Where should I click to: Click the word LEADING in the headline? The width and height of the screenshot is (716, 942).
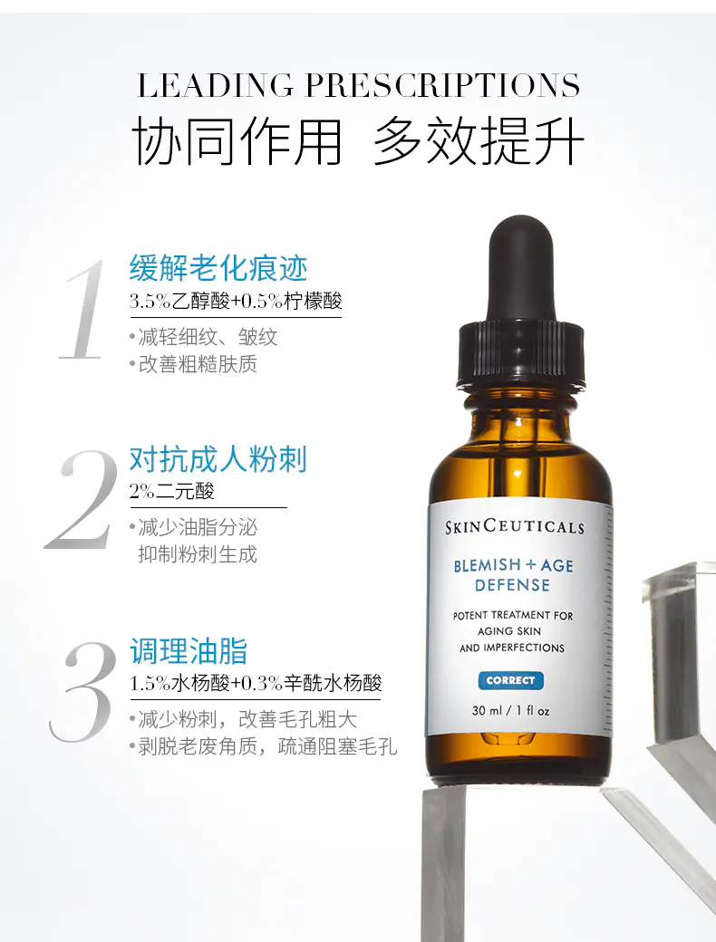tap(215, 85)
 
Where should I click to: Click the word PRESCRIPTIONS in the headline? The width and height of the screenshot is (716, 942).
tap(443, 85)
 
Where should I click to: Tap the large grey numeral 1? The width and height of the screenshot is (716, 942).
tap(84, 310)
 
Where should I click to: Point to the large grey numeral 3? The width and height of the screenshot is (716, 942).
tap(84, 691)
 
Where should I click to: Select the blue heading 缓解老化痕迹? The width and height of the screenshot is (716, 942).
tap(218, 268)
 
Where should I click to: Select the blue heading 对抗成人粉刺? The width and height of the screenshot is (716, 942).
tap(218, 459)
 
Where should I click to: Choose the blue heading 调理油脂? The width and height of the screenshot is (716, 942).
tap(189, 651)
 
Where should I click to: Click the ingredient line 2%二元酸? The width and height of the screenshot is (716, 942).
tap(172, 492)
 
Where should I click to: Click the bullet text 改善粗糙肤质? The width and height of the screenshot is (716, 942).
tap(198, 364)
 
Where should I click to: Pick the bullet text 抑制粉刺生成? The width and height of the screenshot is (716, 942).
tap(198, 554)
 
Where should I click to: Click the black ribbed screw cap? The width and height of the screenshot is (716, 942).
tap(520, 354)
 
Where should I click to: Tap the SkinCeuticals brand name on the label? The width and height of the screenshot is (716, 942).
tap(515, 527)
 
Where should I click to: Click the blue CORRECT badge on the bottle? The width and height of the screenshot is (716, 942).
tap(510, 680)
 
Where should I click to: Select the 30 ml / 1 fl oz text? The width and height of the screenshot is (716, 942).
tap(511, 711)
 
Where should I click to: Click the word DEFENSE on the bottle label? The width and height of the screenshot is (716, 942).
tap(512, 585)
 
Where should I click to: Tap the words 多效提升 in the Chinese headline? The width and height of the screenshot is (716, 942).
tap(479, 142)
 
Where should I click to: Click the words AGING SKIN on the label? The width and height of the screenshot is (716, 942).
tap(509, 630)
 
